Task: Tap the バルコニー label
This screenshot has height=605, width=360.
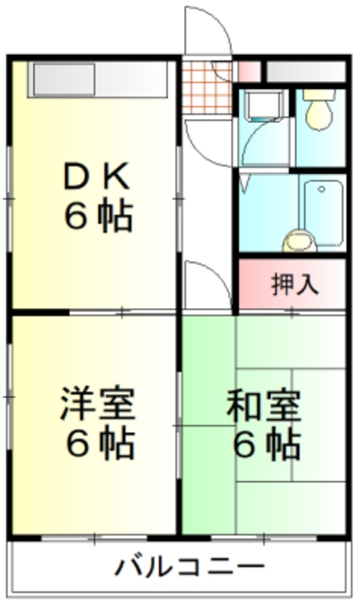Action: point(189,567)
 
